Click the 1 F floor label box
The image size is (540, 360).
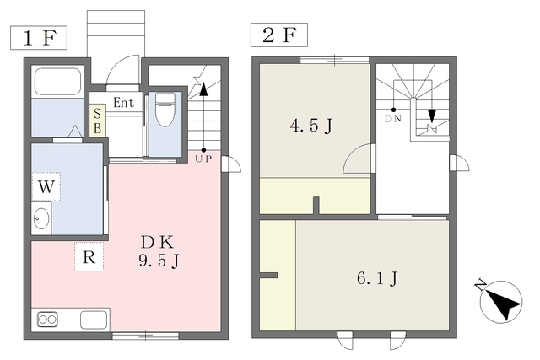[x=39, y=37]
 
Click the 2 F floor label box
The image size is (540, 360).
[x=279, y=35]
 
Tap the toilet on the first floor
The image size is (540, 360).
[x=165, y=110]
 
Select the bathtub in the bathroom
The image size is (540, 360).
[x=57, y=81]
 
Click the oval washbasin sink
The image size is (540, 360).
[x=41, y=218]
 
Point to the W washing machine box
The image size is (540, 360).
[x=46, y=187]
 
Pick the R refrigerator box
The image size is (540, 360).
[x=89, y=257]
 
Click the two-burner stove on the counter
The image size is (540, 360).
[x=47, y=320]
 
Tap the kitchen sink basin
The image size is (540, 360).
[x=94, y=320]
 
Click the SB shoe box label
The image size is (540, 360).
[x=98, y=121]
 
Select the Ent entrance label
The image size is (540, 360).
[x=123, y=103]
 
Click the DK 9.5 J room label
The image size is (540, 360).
[x=159, y=251]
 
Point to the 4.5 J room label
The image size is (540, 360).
[x=311, y=126]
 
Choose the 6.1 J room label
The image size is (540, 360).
[x=377, y=278]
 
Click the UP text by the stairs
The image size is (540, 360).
[x=203, y=159]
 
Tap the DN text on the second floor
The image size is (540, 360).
[x=393, y=119]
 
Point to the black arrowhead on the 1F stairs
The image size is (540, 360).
[x=204, y=89]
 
